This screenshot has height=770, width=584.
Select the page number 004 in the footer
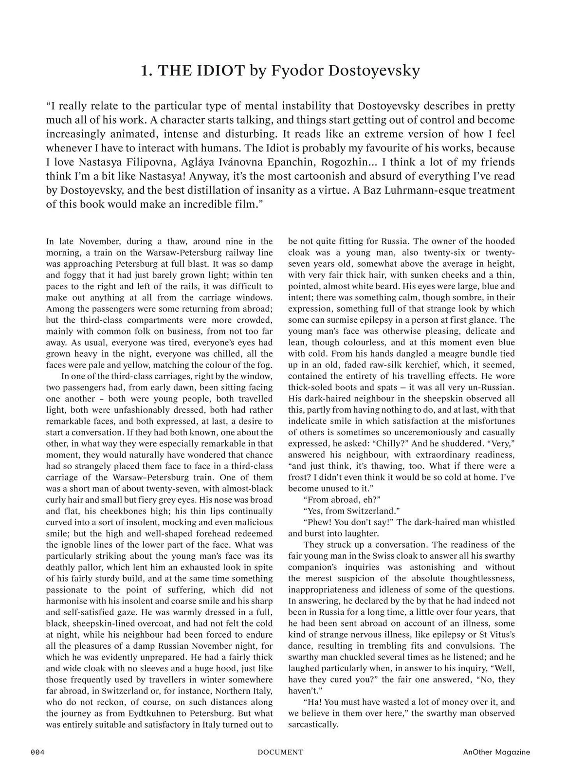tap(37, 752)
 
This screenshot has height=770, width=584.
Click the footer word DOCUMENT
tap(280, 752)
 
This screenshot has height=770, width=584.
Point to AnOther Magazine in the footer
tap(496, 752)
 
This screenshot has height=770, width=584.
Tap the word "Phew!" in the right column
tap(317, 522)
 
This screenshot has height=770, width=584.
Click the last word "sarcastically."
tap(313, 725)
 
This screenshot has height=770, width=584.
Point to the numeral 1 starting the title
tap(145, 71)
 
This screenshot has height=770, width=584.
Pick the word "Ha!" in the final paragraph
tap(312, 702)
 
